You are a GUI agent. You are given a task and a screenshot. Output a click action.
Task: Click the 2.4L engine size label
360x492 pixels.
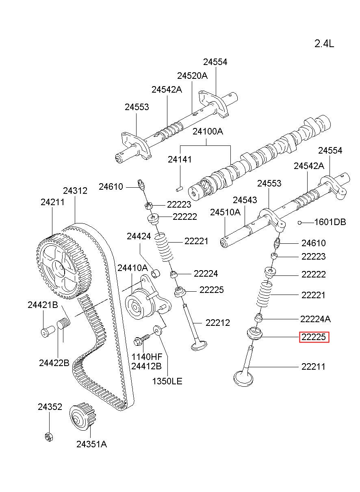(324, 44)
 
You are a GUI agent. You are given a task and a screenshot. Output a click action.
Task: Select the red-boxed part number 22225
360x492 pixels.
(314, 337)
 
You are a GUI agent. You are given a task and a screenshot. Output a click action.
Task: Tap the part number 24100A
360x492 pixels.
(208, 132)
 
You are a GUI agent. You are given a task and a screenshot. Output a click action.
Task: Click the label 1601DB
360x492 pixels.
(330, 222)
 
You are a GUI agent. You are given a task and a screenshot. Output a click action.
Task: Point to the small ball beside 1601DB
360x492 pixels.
(299, 223)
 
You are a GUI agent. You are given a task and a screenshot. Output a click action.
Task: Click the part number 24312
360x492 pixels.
(75, 191)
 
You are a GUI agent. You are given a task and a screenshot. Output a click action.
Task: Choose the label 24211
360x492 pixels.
(52, 202)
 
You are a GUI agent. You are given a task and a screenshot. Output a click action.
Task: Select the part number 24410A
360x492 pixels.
(132, 268)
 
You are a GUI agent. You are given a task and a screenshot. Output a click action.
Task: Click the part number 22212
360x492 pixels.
(218, 323)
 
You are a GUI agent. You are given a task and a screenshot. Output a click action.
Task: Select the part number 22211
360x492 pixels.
(313, 366)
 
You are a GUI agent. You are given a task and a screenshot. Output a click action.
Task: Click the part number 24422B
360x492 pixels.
(54, 363)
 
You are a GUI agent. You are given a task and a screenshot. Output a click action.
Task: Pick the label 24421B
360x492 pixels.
(43, 305)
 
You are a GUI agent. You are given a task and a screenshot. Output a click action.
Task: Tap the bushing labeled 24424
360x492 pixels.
(156, 273)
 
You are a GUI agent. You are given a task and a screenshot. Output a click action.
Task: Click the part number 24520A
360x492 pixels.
(192, 76)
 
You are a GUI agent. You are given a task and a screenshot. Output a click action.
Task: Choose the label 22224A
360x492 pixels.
(315, 319)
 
